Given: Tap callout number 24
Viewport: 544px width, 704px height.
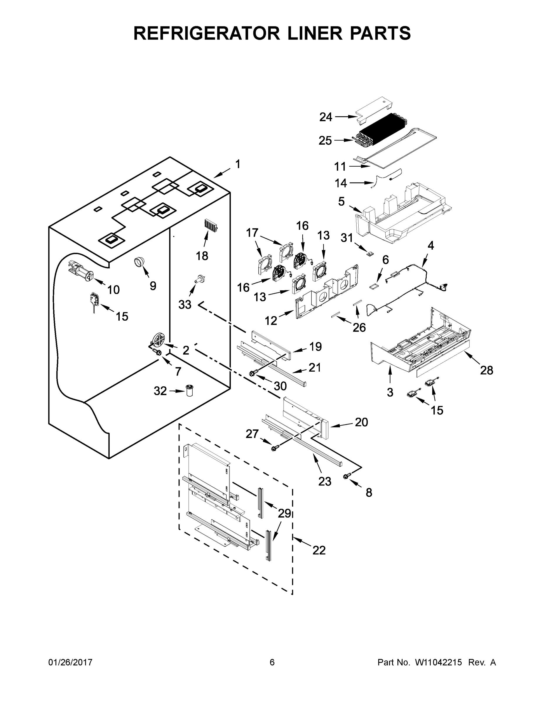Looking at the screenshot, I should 326,117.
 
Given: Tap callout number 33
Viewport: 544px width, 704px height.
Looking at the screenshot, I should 185,304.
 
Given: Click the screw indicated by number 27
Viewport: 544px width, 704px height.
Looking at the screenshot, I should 274,448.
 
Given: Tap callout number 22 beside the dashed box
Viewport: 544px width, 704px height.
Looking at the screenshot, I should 319,550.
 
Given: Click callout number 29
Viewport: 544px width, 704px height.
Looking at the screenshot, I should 284,513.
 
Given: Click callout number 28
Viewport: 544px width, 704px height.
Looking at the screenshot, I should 486,370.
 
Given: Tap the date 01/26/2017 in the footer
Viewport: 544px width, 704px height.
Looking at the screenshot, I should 70,662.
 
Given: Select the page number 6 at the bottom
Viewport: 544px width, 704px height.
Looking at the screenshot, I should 272,662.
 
